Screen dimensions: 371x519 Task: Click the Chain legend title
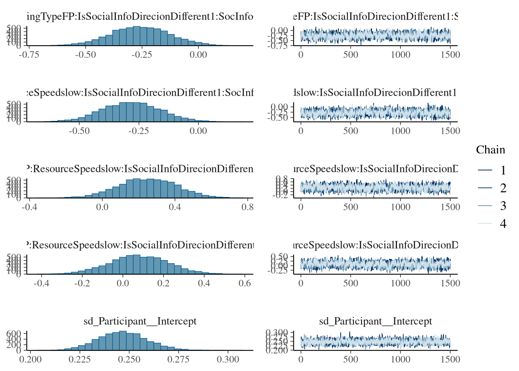click(x=490, y=150)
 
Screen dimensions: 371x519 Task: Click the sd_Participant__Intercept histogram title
click(x=140, y=321)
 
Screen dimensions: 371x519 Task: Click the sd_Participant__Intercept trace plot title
click(x=375, y=321)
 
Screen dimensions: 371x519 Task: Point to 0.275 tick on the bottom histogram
click(x=178, y=359)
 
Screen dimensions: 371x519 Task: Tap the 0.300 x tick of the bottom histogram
click(x=228, y=359)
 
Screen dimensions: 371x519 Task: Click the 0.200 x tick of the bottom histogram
click(x=31, y=359)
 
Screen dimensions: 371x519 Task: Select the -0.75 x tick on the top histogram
click(x=29, y=54)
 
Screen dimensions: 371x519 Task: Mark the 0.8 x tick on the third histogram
click(x=248, y=207)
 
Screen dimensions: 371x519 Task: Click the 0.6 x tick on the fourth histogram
click(x=245, y=283)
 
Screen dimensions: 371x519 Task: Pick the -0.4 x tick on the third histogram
click(x=29, y=207)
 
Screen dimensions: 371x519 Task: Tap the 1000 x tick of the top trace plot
click(x=400, y=54)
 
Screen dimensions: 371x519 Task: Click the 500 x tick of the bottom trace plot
click(x=351, y=359)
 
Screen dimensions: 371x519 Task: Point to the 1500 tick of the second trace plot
click(x=450, y=131)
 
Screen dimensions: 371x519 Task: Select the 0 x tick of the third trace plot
click(x=301, y=207)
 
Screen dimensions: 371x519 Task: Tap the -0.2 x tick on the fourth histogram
click(x=82, y=283)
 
